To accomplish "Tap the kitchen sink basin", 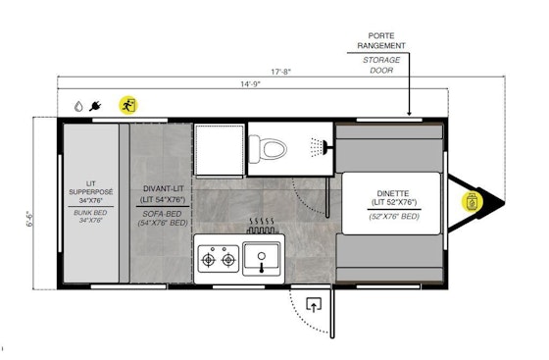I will pyautogui.click(x=263, y=259).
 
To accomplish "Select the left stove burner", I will pyautogui.click(x=208, y=260).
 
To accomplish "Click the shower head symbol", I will pyautogui.click(x=316, y=147).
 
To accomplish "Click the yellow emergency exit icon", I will pyautogui.click(x=126, y=104).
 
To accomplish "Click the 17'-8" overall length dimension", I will pyautogui.click(x=280, y=70).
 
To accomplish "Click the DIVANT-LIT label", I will pyautogui.click(x=163, y=188).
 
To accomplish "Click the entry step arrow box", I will pyautogui.click(x=314, y=305).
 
